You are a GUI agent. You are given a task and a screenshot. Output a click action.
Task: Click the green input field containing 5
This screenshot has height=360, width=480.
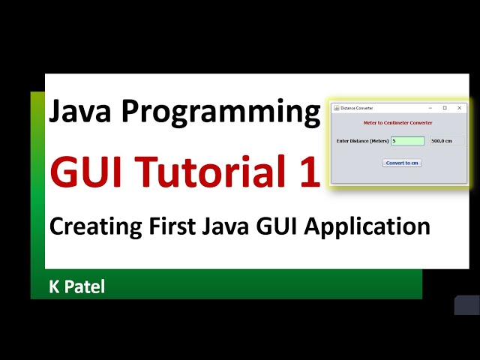coord(407,141)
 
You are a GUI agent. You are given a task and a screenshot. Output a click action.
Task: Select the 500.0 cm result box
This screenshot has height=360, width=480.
coord(447,141)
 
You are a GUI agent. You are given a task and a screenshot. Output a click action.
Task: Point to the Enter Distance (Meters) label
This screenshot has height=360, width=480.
coord(363,141)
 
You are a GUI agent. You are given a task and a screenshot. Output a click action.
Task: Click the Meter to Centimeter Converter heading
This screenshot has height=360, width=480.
coord(398,123)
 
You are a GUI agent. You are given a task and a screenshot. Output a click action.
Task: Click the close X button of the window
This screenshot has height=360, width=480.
coord(459,108)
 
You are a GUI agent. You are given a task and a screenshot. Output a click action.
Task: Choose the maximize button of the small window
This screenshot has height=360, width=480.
coord(445,108)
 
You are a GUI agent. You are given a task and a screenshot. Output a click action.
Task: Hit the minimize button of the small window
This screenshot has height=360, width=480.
coord(430,108)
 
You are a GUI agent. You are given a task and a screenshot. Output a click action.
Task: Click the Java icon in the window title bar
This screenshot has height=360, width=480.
coord(337,108)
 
